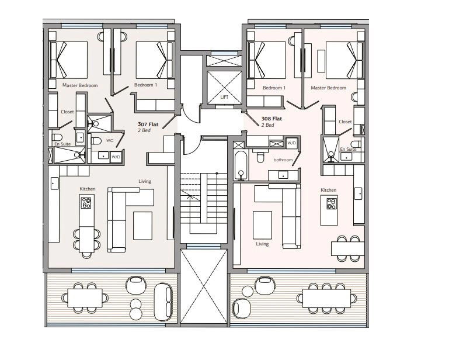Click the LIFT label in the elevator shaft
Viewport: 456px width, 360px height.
point(224,97)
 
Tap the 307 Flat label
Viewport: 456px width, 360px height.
point(148,124)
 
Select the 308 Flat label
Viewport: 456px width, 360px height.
point(271,119)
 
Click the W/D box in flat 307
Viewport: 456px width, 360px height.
point(116,157)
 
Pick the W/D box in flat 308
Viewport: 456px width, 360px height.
point(292,143)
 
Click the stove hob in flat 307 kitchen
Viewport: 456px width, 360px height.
point(86,203)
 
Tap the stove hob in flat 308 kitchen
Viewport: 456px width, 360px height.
point(332,203)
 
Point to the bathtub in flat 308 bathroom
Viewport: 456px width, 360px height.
point(241,165)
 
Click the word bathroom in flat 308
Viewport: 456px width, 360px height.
point(283,160)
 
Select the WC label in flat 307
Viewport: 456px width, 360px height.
point(109,141)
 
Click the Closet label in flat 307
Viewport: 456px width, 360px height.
point(68,112)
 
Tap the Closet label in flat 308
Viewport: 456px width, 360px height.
point(345,122)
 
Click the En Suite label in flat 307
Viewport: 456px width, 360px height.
point(62,144)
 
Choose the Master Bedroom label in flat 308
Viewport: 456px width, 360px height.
point(328,88)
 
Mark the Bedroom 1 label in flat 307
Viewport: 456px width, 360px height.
point(145,85)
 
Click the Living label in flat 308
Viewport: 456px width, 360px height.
point(262,244)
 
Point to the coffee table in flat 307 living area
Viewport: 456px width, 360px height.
point(143,226)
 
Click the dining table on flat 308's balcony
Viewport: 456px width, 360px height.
point(326,298)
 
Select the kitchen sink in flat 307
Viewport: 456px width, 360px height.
point(54,184)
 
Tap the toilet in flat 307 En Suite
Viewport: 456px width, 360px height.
point(57,137)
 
